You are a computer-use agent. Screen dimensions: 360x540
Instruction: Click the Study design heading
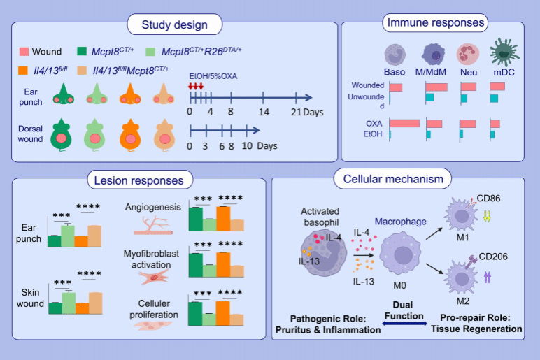[x=175, y=26]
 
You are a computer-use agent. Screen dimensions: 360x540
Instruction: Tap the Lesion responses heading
[x=140, y=180]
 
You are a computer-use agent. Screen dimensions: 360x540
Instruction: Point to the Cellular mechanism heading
[x=393, y=180]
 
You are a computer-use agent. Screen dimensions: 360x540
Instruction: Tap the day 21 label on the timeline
[x=296, y=110]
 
